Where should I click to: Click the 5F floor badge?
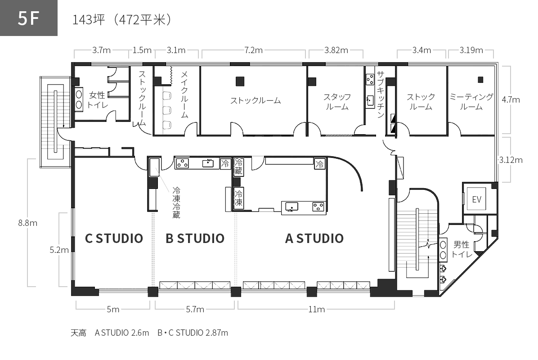tap(28, 18)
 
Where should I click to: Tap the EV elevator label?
tap(476, 199)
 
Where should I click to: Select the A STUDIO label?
tap(314, 238)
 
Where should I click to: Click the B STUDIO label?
tap(195, 238)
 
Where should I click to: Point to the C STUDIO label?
tap(114, 238)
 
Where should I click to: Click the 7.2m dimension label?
tap(254, 50)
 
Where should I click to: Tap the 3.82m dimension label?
tap(336, 50)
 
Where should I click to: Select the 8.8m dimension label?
tap(28, 223)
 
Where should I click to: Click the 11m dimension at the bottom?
tap(316, 310)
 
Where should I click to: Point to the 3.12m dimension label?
tap(511, 160)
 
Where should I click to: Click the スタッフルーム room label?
tap(337, 102)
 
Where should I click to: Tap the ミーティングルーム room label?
tap(471, 102)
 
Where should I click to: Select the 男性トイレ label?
tap(462, 249)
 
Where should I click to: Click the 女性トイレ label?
tap(98, 100)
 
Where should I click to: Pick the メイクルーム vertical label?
tap(184, 94)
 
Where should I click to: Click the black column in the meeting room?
tap(480, 80)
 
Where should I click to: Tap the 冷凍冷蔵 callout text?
tap(176, 202)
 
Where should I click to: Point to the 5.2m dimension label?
tap(59, 250)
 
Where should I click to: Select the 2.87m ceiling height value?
tap(216, 333)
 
